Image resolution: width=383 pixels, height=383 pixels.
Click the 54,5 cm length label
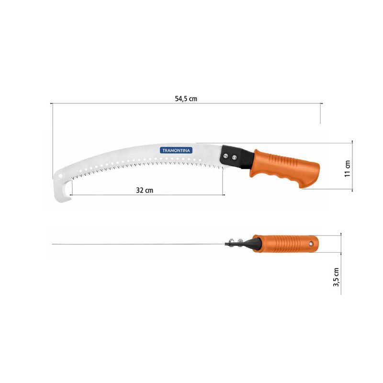(x=186, y=99)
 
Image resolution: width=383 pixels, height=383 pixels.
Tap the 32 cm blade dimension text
(x=145, y=190)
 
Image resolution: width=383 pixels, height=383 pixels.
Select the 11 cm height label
(x=348, y=168)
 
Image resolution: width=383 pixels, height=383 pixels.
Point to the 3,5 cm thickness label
(x=337, y=277)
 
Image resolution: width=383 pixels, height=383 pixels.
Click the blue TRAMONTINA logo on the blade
(x=176, y=150)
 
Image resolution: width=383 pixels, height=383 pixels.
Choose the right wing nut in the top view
(x=239, y=241)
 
